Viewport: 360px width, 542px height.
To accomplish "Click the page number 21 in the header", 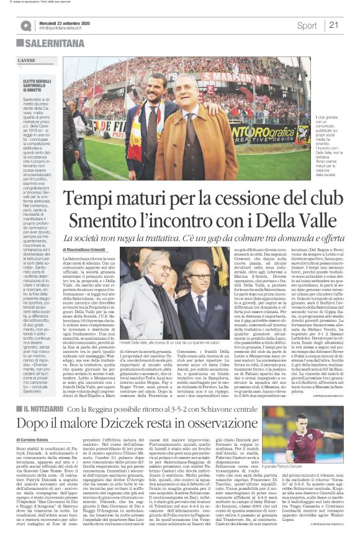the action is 334,25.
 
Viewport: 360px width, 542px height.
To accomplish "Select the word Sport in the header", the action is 307,25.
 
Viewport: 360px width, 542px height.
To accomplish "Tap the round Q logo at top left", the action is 25,25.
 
